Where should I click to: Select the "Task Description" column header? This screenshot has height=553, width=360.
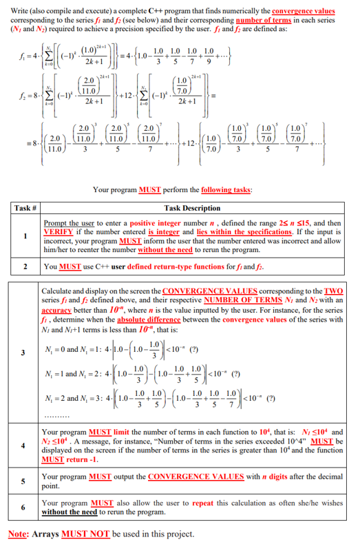pyautogui.click(x=192, y=207)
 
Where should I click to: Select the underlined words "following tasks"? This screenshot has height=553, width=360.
pyautogui.click(x=224, y=190)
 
